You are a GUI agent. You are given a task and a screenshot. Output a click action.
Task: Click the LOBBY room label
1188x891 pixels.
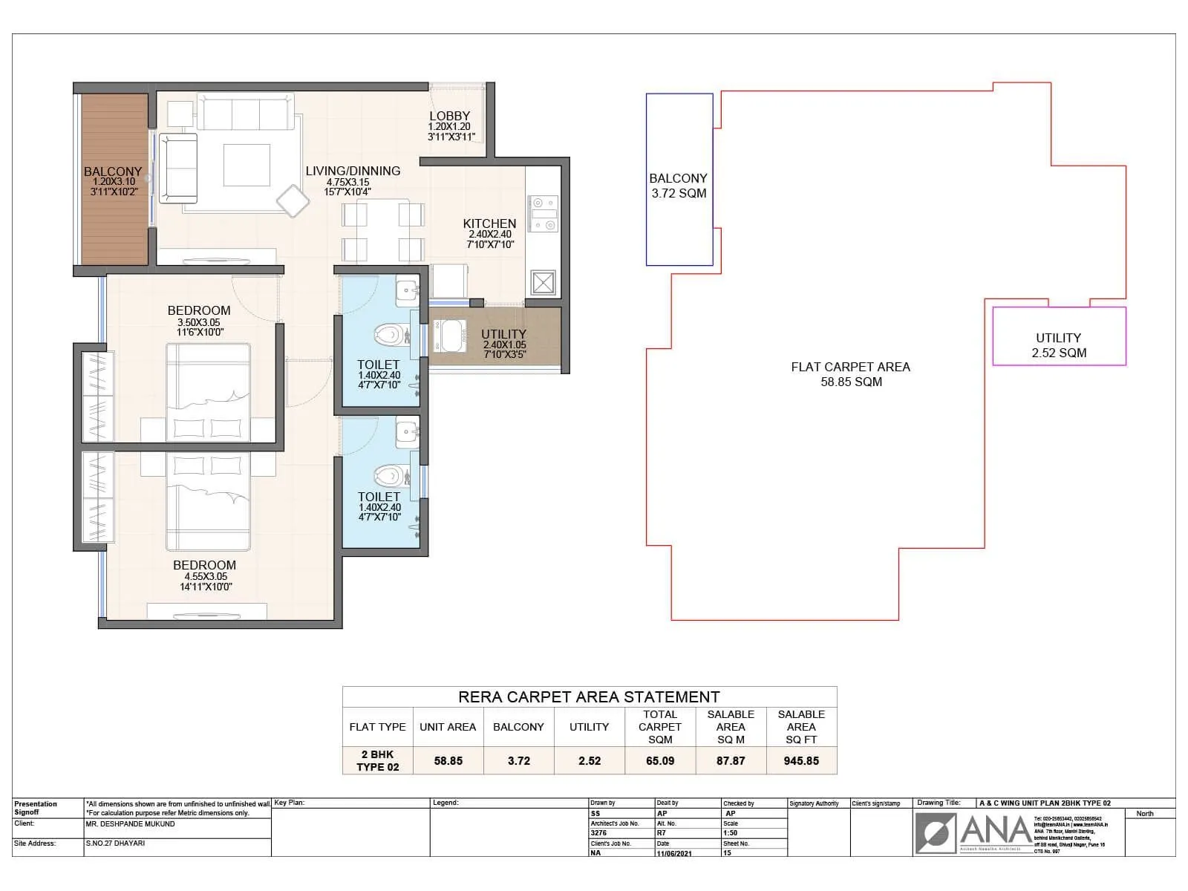(x=449, y=116)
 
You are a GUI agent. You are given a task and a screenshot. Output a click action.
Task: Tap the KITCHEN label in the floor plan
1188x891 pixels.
(x=489, y=223)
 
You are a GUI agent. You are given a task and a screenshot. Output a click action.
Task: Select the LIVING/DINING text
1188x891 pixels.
(x=353, y=171)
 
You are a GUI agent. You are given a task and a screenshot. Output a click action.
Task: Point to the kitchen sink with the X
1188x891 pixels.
(x=543, y=283)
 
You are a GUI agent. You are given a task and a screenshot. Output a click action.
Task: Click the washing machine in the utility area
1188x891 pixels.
(x=450, y=336)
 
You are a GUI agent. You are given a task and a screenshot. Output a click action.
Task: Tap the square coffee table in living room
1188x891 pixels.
(x=247, y=165)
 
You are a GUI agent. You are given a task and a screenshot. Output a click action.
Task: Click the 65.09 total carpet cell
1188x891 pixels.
(x=659, y=760)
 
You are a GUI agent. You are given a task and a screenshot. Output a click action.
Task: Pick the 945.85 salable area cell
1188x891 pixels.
(x=801, y=760)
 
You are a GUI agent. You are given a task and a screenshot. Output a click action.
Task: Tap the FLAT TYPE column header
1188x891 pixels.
(x=377, y=727)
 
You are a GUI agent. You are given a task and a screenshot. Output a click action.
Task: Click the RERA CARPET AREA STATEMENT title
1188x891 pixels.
(x=589, y=697)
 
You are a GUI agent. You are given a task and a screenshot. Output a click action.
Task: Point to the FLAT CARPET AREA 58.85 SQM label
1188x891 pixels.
(x=851, y=374)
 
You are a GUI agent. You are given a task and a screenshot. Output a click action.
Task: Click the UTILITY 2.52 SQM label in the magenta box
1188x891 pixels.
(x=1058, y=345)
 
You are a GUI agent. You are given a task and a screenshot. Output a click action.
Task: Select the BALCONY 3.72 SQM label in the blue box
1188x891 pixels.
(x=678, y=186)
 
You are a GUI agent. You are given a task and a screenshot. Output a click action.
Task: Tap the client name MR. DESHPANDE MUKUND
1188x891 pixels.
(x=131, y=824)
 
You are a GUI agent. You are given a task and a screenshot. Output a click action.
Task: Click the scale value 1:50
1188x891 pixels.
(x=731, y=833)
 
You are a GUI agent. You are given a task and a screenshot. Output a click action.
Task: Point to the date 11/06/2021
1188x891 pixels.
(x=673, y=853)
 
